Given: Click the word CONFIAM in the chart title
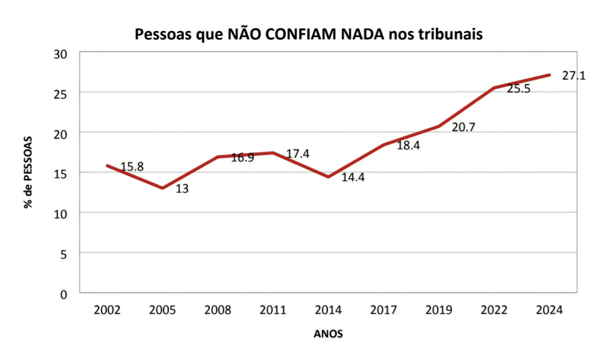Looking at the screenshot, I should (301, 34).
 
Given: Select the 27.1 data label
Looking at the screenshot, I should (574, 76).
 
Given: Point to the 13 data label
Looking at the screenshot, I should (182, 189).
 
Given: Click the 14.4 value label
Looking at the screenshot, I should (353, 177).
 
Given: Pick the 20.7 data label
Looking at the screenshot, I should (463, 127).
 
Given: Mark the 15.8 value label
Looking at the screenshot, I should (132, 167).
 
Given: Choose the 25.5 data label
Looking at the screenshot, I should (519, 89).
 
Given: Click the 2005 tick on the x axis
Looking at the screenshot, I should (162, 310).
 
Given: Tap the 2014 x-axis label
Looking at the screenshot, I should (328, 310).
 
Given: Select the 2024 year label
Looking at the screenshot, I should (549, 310).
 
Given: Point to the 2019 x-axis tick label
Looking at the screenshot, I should (439, 310).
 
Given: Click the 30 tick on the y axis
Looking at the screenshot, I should (60, 54).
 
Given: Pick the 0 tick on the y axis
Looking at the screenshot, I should (64, 295).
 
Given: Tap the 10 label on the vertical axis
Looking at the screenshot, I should (60, 215).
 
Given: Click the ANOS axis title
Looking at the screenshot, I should (328, 334).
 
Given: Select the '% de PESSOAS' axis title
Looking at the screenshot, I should (28, 172).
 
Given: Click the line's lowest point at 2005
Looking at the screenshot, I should (162, 188).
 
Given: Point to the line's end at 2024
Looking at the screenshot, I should (549, 75).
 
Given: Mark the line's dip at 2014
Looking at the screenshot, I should (328, 177).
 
